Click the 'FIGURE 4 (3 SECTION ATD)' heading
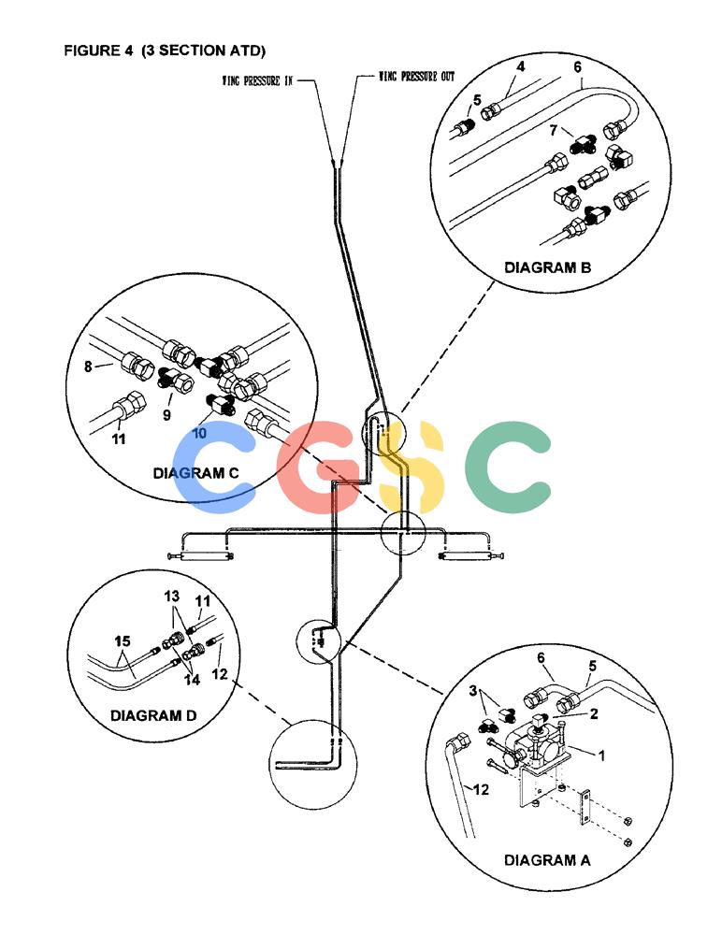165,50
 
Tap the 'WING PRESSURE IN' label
258,80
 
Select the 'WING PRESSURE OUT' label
416,77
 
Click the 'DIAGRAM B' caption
548,267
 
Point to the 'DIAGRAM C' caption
195,473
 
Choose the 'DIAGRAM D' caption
153,715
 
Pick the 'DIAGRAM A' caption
547,860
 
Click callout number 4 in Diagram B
520,66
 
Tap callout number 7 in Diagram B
553,130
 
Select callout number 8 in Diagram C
88,367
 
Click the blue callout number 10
199,433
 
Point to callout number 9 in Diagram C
166,414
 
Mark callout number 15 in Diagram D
123,641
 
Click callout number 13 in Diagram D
172,597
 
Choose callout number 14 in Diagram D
192,679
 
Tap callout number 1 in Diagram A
601,755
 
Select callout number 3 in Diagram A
472,691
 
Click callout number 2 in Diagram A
593,713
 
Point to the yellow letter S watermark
413,467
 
